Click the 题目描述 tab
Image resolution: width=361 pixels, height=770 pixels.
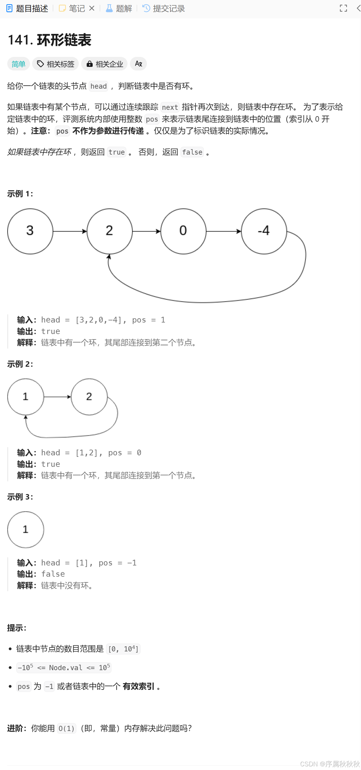coord(28,8)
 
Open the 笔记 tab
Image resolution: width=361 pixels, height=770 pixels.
coord(72,8)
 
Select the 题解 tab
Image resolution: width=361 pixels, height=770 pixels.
coord(119,8)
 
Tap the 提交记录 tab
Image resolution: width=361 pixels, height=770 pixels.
coord(164,8)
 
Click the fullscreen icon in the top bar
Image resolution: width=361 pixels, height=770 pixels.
coord(343,8)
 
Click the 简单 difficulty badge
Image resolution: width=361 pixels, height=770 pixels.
coord(18,64)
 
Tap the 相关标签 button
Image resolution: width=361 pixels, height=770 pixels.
coord(56,64)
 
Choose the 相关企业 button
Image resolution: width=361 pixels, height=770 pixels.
coord(104,64)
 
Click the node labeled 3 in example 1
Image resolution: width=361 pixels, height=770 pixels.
coord(30,231)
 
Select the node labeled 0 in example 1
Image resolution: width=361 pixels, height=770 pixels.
coord(183,231)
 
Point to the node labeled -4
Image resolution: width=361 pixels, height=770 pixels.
coord(264,231)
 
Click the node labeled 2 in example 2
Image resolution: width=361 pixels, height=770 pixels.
coord(89,397)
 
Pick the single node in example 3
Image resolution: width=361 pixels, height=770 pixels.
coord(25,529)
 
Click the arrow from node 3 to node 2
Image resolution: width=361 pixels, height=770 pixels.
coord(70,231)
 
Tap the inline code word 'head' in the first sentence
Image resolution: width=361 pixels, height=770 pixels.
coord(98,87)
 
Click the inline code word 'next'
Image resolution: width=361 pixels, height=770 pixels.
coord(170,107)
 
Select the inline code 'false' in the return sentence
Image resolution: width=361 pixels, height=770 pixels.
coord(192,152)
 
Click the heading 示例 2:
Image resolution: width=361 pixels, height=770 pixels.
coord(20,364)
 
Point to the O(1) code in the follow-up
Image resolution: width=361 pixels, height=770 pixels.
coord(66,729)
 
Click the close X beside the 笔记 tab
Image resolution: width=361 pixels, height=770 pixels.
coord(92,8)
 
